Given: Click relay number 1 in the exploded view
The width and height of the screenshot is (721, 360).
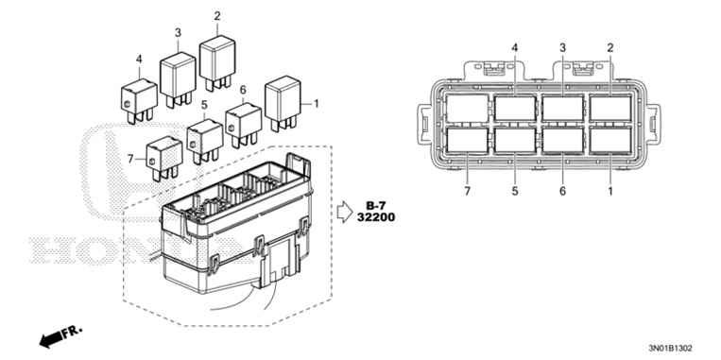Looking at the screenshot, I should tap(282, 99).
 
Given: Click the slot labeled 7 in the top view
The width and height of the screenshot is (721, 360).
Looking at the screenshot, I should tap(468, 140).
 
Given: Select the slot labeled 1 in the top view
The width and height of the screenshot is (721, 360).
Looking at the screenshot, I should tap(609, 140).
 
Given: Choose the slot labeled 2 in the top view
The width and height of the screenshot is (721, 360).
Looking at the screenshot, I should tap(609, 106).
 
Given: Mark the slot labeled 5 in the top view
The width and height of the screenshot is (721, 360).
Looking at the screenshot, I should tap(515, 140).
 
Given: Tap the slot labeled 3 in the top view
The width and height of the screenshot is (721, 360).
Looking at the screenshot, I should tap(562, 106).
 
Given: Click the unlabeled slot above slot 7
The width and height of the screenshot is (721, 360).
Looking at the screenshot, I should tap(468, 106).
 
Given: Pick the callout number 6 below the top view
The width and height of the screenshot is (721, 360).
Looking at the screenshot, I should tap(562, 191).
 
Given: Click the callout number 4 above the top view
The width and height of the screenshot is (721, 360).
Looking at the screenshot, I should tap(515, 47).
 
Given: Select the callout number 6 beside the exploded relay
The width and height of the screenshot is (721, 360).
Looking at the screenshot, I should tap(243, 90).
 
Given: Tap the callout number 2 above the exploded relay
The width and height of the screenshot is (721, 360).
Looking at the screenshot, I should tap(217, 16).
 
